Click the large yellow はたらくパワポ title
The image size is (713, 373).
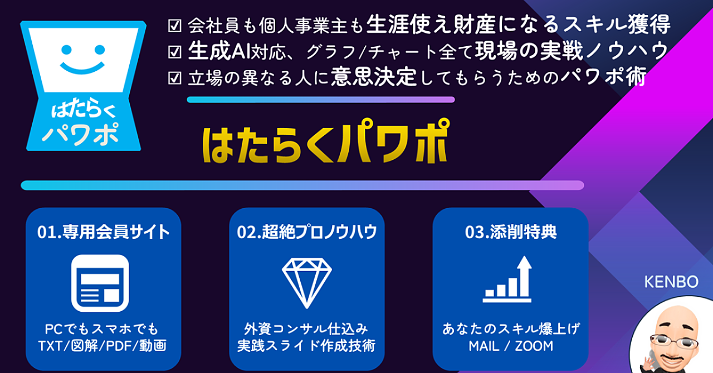pos(326,141)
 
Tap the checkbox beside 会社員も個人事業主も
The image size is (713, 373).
pos(174,26)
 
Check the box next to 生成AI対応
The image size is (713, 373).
pos(174,52)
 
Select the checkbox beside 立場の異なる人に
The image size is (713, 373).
pos(174,78)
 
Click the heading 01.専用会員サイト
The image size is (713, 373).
pos(104,232)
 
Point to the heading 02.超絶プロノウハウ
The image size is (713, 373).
pos(307,232)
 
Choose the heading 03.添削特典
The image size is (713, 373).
pos(511,232)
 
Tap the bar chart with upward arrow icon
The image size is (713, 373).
pos(507,279)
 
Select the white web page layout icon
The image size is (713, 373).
pos(100,283)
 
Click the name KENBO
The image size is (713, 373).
pos(671,282)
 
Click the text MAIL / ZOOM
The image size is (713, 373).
pos(511,346)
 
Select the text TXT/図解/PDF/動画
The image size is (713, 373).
pos(102,346)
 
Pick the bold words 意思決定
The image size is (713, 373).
pos(374,77)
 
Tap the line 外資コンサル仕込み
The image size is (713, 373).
pos(306,329)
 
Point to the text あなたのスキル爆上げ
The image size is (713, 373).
pos(511,329)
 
